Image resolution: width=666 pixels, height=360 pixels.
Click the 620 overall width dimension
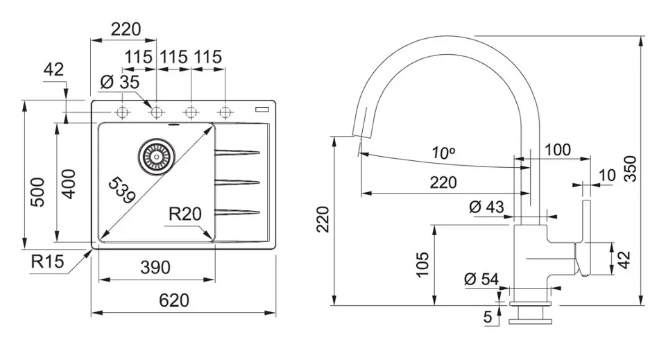[174, 301]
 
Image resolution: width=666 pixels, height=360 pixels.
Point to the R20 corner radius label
[185, 214]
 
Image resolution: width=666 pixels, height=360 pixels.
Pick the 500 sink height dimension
[38, 191]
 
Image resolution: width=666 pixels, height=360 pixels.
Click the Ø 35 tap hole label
[119, 83]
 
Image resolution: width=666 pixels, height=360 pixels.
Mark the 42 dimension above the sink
[53, 69]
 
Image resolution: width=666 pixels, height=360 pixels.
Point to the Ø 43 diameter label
[486, 206]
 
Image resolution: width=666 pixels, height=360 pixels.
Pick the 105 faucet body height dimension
[423, 265]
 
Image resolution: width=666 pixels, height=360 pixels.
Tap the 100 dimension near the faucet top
[557, 149]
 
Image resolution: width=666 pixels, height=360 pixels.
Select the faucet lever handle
[583, 236]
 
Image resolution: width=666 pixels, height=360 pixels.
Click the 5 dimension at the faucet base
[488, 318]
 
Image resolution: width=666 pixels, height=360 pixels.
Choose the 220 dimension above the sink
[126, 29]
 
